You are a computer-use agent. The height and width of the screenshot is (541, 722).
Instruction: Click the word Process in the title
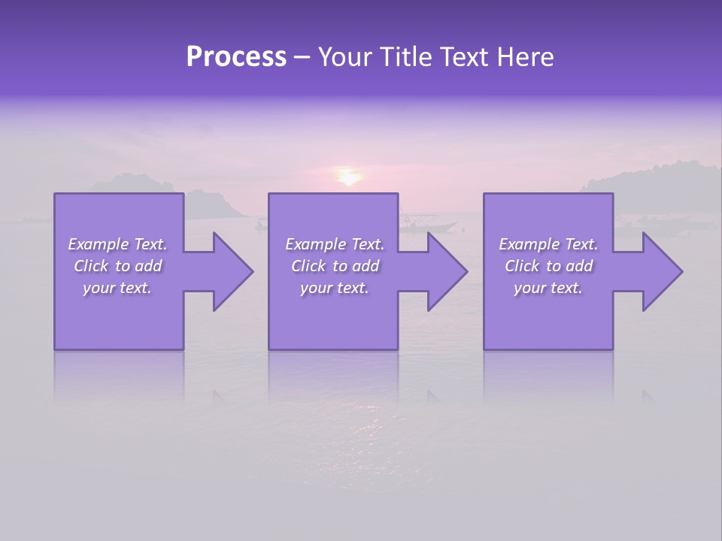tap(236, 57)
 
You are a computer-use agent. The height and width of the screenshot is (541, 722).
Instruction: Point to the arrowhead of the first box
tap(229, 271)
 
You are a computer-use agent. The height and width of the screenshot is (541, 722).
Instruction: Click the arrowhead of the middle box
tap(444, 271)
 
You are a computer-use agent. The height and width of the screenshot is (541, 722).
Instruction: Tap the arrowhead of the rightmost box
tap(659, 271)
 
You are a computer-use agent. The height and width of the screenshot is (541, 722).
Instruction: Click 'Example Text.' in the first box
tap(117, 244)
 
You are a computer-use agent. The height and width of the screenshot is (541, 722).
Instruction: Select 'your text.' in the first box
tap(117, 288)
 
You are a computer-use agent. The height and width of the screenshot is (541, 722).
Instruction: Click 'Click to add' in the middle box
tap(335, 266)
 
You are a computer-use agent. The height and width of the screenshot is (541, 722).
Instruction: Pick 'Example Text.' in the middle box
tap(335, 244)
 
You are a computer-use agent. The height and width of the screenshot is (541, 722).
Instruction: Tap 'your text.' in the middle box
tap(335, 288)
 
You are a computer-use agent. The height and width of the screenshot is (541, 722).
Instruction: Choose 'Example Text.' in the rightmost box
tap(548, 244)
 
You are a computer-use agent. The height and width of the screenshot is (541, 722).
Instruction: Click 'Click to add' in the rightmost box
tap(548, 266)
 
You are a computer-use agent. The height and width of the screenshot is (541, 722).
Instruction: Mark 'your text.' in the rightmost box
tap(548, 288)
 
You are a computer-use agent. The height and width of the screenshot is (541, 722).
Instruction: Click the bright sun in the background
tap(348, 177)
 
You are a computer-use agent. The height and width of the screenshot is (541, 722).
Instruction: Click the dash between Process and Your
tap(302, 58)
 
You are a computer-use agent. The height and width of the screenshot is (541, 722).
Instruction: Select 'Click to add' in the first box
tap(117, 266)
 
